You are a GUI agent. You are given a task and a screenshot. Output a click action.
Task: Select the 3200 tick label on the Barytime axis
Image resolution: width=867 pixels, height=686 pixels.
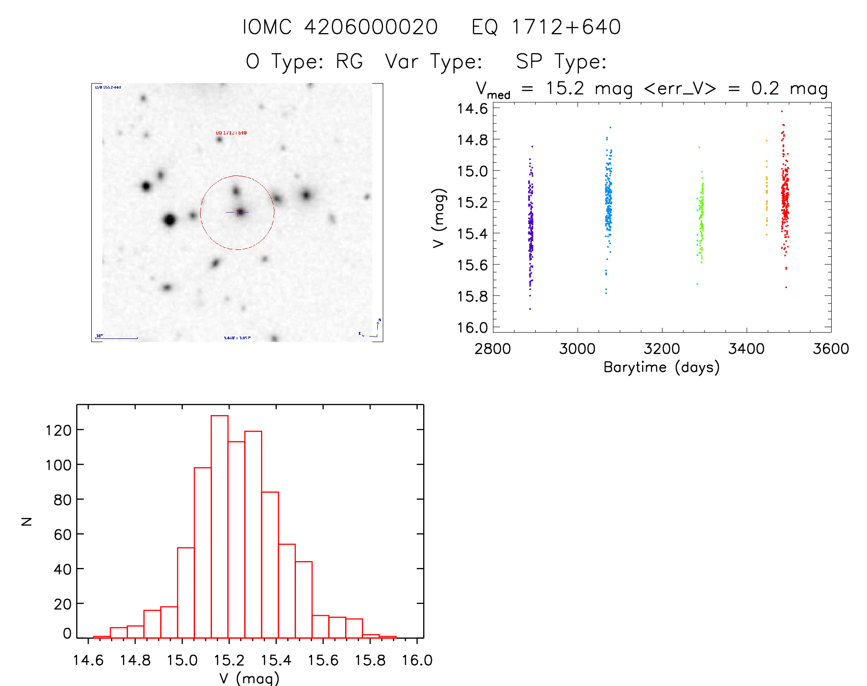pos(661,349)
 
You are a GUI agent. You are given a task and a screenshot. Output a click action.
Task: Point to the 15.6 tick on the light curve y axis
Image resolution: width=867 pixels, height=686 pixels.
pos(472,265)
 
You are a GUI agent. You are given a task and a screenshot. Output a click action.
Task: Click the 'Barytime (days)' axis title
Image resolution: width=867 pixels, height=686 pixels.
pos(661,367)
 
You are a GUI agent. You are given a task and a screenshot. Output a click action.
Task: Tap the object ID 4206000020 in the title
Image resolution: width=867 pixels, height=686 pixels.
pos(371,27)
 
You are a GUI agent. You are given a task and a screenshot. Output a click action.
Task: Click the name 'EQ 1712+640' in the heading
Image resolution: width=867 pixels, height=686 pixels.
pos(546,27)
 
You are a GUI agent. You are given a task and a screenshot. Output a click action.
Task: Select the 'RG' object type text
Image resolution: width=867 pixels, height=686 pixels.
pos(349,62)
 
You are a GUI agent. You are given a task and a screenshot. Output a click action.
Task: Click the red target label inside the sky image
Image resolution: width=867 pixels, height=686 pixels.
pos(231,133)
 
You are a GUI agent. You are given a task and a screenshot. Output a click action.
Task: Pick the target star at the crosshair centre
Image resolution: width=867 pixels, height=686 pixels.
pos(240,212)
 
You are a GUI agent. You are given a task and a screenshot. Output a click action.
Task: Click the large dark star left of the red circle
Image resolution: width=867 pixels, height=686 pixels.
pos(169,220)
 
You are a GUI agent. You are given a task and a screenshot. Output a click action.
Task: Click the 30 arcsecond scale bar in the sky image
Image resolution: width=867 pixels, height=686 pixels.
pos(117,338)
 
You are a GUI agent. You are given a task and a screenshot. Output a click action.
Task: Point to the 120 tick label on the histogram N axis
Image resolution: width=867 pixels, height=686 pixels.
pos(59,430)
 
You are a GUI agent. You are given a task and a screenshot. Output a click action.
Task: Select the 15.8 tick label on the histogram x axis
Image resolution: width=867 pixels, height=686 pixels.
pos(370,660)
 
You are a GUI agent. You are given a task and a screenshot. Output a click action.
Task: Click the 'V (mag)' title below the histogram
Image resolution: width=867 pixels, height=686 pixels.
pos(249,678)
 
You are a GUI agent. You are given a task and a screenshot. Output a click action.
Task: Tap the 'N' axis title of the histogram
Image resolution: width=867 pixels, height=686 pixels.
pos(27,521)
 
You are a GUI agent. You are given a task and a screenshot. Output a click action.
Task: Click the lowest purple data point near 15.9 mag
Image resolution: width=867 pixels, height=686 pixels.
pos(530,309)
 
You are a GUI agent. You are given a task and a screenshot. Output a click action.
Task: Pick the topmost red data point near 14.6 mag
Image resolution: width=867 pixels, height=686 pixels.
pos(782,111)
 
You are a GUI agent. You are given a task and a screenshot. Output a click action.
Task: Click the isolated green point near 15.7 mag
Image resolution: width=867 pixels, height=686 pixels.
pos(697,284)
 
